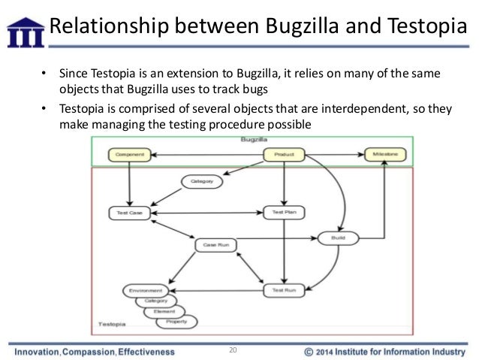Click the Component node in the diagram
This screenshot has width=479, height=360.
130,156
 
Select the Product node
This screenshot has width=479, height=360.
284,156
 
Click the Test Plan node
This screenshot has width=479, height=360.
282,213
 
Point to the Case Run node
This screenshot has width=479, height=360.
215,245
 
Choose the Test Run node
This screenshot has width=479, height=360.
282,288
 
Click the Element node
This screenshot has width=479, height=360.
164,311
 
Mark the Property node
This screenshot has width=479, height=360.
176,322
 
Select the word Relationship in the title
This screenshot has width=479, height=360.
101,29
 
